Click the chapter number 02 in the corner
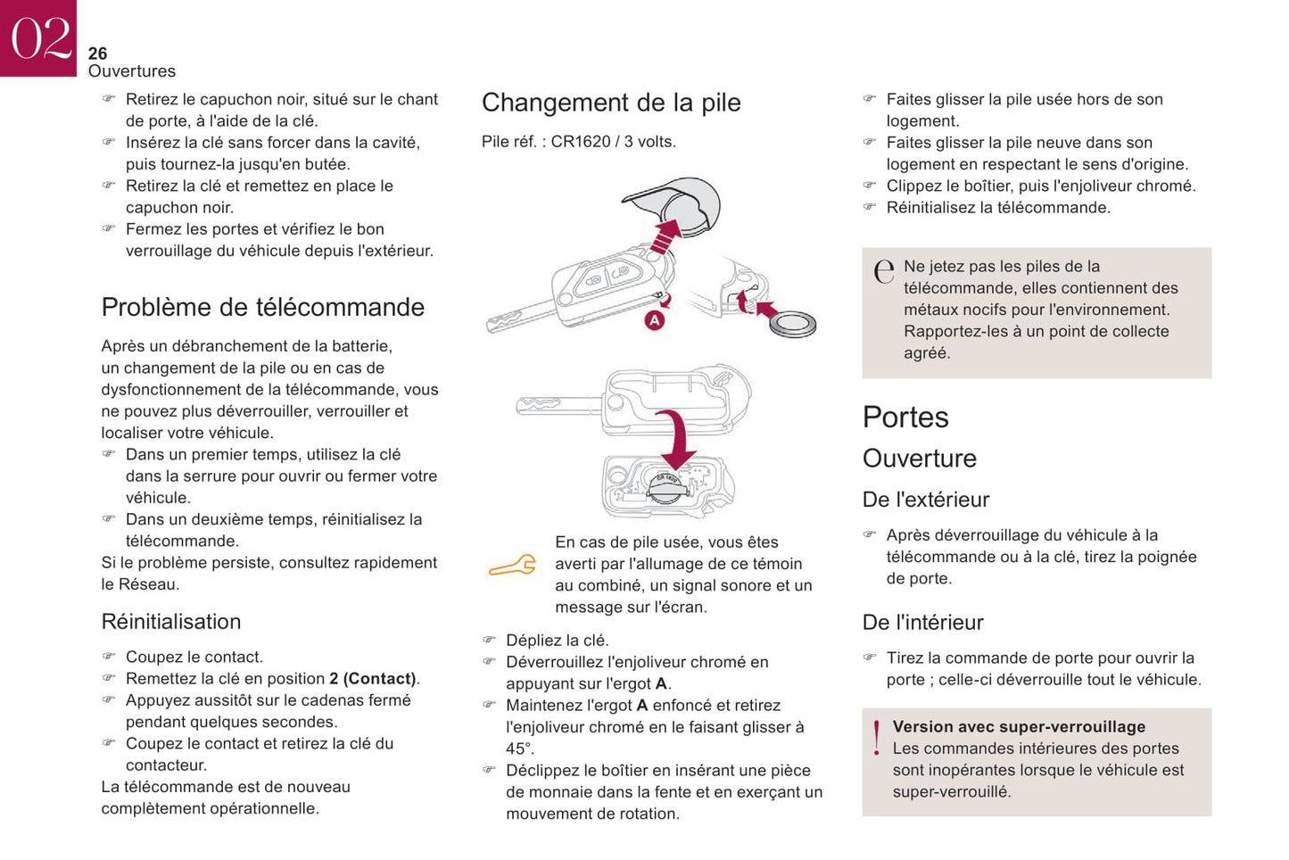point(39,37)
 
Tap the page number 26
point(97,54)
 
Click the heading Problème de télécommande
point(262,307)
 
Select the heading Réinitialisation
point(171,622)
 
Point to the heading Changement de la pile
point(611,103)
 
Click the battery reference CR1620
point(581,142)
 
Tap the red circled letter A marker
point(655,320)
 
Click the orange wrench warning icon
point(513,565)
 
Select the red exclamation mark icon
point(877,739)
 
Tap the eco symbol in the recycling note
point(884,271)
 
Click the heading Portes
point(905,418)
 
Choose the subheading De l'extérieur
point(926,500)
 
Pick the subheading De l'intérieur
point(922,623)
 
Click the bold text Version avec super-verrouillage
point(1019,727)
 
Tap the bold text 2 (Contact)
point(373,679)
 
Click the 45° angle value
point(520,748)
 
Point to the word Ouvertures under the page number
point(132,71)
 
